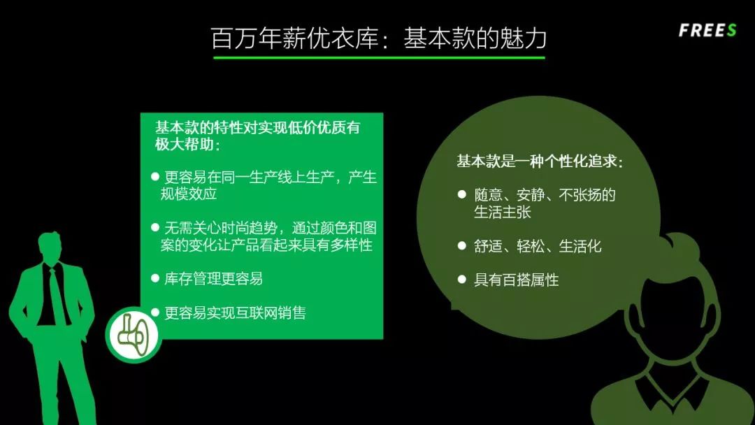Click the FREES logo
coord(707,30)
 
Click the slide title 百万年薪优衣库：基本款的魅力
coord(378,38)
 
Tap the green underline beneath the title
coord(378,57)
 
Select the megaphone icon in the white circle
coord(133,334)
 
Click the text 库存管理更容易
coord(213,279)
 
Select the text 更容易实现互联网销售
coord(235,312)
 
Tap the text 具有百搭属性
coord(516,280)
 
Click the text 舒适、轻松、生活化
coord(537,246)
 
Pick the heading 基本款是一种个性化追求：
coord(539,161)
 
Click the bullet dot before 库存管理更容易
coord(155,278)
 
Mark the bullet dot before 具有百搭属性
coord(461,280)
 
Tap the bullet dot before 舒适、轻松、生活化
coord(461,245)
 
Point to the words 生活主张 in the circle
coord(502,212)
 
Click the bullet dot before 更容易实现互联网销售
coord(155,312)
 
